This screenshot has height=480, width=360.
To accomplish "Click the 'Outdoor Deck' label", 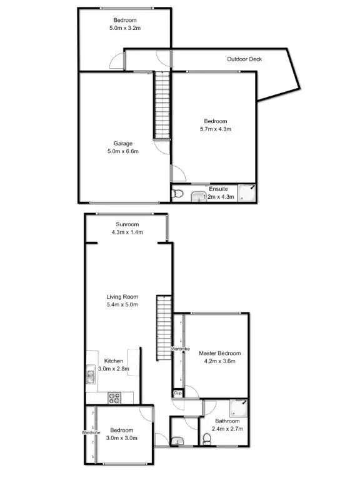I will [x=244, y=59].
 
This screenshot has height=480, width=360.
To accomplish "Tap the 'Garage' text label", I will [x=122, y=143].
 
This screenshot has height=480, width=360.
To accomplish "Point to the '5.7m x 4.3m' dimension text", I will [x=216, y=129].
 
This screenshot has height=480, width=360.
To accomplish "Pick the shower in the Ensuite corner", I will [x=249, y=192].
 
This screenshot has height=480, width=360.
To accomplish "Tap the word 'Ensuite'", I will [x=219, y=189].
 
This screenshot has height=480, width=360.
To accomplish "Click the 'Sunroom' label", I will [x=127, y=224].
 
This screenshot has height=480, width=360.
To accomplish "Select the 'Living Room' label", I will [x=122, y=297].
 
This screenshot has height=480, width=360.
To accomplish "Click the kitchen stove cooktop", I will [x=114, y=396].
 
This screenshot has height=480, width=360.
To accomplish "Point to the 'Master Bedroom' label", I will [x=219, y=354].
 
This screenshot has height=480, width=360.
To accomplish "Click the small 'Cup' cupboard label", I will [x=177, y=394].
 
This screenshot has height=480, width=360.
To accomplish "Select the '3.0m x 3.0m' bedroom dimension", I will [x=122, y=438].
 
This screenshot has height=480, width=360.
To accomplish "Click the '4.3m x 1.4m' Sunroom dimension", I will [x=127, y=232].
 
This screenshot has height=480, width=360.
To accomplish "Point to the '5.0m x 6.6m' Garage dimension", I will [x=122, y=151].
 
